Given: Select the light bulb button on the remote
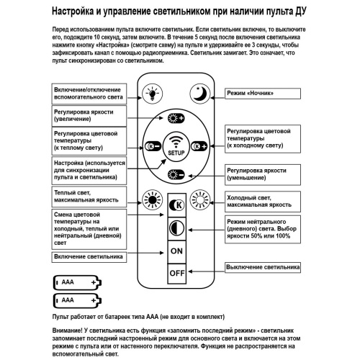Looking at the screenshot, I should (x=152, y=92).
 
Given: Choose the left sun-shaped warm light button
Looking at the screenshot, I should (x=151, y=199).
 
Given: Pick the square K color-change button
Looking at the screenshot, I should (x=176, y=204).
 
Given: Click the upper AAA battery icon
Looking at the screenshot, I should (x=76, y=282).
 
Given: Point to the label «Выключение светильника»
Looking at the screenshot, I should (x=262, y=268).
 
